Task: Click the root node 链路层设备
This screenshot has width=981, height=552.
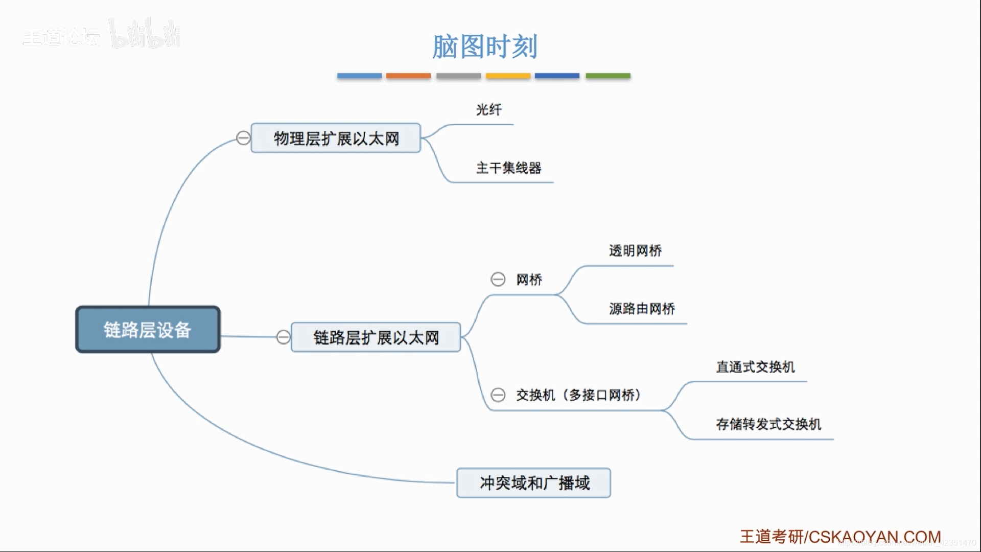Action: coord(148,330)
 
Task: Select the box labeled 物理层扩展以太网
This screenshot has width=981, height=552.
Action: coord(336,138)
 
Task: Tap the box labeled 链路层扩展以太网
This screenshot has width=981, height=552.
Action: coord(376,337)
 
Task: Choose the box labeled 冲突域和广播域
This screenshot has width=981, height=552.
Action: coord(533,482)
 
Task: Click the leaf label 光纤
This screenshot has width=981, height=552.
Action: coord(488,109)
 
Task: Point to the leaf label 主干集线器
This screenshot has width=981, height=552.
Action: coord(508,168)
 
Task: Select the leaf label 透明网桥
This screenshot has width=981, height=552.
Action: coord(635,250)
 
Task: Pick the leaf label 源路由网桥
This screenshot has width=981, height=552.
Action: coord(642,309)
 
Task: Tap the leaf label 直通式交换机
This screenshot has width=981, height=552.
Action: coord(755,367)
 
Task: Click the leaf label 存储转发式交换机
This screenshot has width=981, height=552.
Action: coord(768,424)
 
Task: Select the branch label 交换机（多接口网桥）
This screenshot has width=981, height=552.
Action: coord(578,395)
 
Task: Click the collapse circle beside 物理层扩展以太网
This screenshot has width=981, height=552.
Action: coord(244,138)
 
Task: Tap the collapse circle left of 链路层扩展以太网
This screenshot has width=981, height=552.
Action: coord(284,337)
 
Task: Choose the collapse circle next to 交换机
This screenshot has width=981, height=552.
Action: coord(498,395)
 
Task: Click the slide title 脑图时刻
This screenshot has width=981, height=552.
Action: coord(484,47)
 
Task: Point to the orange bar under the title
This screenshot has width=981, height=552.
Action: coord(408,76)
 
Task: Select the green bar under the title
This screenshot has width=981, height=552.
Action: coord(608,76)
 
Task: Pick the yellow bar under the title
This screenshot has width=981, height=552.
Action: coord(508,76)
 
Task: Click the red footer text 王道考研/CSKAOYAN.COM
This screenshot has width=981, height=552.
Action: coord(840,537)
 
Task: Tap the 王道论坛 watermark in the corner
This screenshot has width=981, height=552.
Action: coord(61,37)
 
